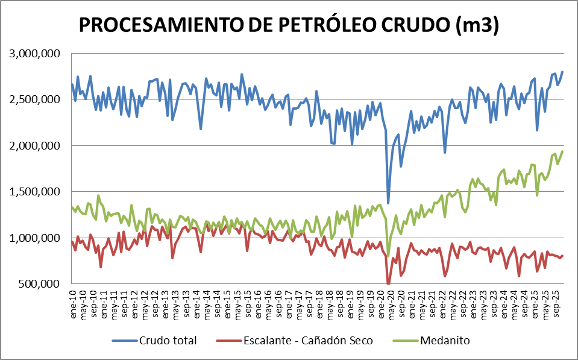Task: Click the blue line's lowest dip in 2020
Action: pos(388,203)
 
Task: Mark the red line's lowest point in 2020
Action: pos(388,283)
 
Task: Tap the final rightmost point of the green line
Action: pos(562,151)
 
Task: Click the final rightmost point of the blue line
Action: pos(562,72)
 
